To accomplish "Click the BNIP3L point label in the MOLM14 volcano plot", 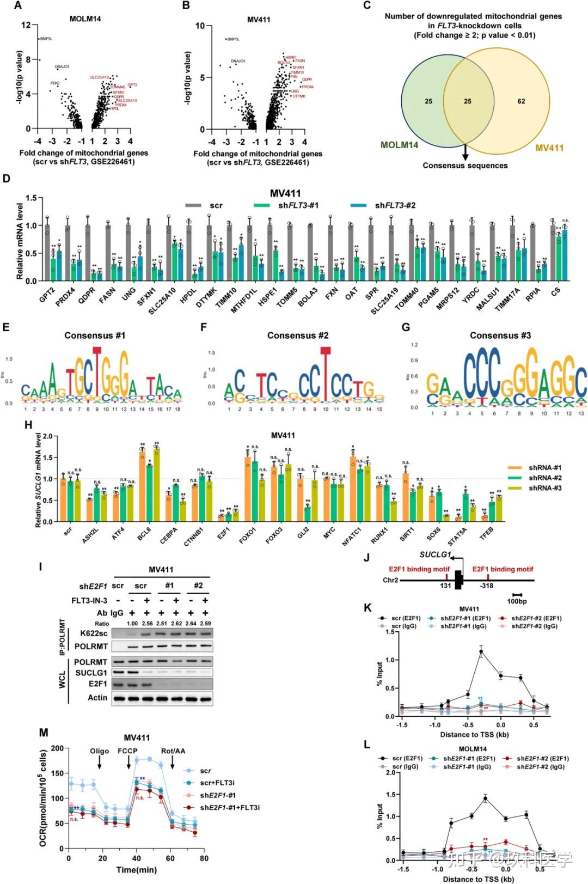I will click(46, 39).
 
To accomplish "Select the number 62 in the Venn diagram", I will click(521, 101).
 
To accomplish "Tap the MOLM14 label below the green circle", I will click(399, 145).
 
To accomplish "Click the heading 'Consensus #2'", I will click(298, 336).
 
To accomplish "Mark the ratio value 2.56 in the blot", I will click(147, 624).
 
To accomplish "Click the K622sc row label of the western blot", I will click(94, 633).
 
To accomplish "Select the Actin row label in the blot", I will click(97, 698).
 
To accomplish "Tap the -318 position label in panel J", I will click(486, 586).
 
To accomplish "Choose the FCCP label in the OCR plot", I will click(128, 751).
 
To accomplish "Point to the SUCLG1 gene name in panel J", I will click(435, 554).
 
